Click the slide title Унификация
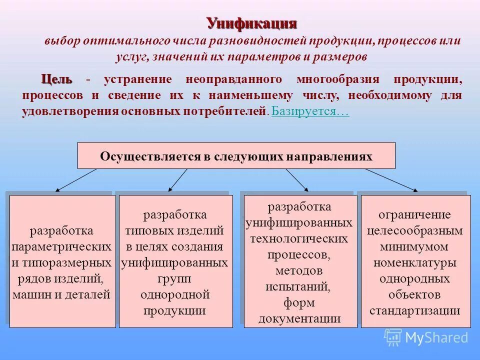point(252,23)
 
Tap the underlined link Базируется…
point(310,111)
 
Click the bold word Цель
point(56,79)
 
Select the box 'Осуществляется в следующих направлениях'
point(236,155)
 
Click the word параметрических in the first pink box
point(61,246)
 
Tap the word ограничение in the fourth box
point(414,215)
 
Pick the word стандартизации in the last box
point(415,310)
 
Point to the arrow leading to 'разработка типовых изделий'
point(178,179)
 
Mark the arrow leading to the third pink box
point(296,179)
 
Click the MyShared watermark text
point(436,337)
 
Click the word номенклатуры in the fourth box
point(415,262)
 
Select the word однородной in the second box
point(175,294)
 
